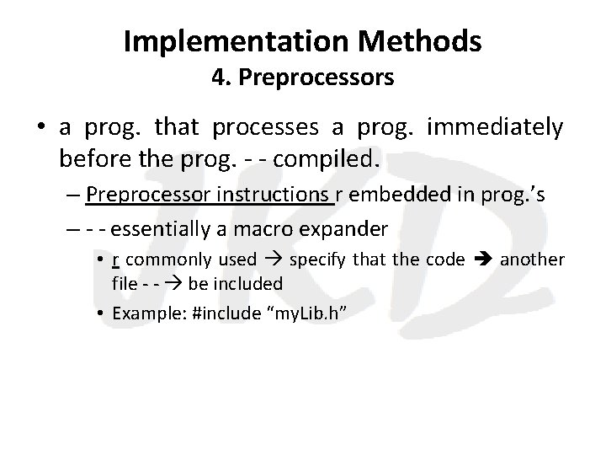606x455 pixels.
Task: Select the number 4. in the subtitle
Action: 222,78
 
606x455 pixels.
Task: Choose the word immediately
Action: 496,128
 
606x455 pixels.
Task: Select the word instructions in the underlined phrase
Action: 274,196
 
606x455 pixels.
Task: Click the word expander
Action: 346,228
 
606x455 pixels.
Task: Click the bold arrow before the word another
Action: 481,260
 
